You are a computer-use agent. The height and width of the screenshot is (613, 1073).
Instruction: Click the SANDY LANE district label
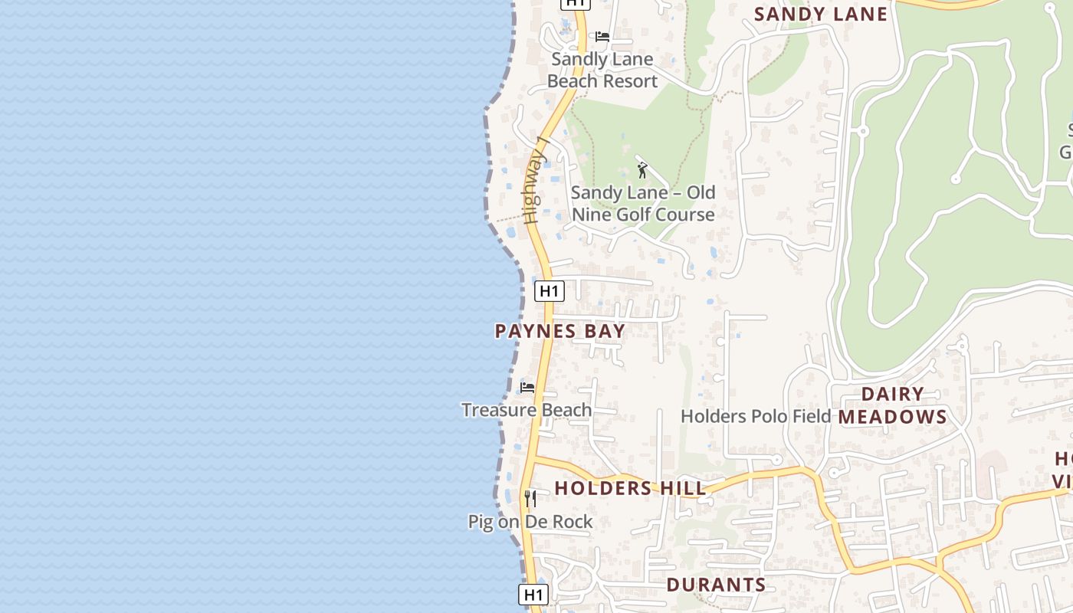tap(821, 14)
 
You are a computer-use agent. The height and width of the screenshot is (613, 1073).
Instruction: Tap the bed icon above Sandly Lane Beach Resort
tap(602, 36)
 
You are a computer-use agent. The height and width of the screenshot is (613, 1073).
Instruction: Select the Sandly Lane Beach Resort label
tap(602, 70)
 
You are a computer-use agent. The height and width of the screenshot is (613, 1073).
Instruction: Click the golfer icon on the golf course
tap(642, 170)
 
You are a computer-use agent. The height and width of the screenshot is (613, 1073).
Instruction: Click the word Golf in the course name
tap(631, 215)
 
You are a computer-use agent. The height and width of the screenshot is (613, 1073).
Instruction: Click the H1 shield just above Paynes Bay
tap(549, 291)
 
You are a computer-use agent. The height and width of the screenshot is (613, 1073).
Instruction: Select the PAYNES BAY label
tap(560, 331)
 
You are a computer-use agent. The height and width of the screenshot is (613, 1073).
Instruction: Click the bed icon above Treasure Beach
tap(527, 387)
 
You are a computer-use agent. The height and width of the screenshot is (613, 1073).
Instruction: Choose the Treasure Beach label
tap(527, 410)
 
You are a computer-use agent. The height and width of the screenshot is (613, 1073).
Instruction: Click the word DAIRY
tap(892, 394)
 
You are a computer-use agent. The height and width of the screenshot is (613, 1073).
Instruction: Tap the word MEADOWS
tap(892, 417)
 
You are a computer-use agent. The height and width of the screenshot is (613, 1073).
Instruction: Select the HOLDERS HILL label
tap(630, 488)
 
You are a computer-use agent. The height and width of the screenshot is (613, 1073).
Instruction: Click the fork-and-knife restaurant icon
tap(530, 499)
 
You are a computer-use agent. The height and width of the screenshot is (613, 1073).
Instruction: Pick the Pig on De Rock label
tap(530, 522)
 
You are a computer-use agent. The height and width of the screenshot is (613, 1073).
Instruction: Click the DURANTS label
tap(716, 585)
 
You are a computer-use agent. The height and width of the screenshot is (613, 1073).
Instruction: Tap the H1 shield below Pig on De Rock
tap(533, 595)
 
